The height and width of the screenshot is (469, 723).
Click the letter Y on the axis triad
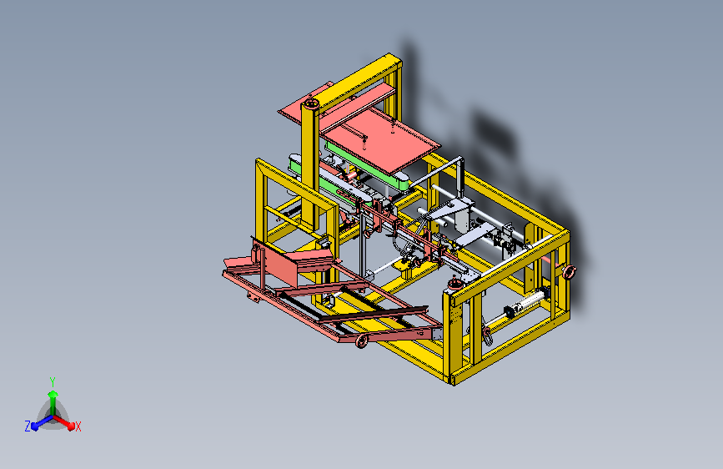(53, 381)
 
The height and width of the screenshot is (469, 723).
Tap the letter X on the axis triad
(78, 426)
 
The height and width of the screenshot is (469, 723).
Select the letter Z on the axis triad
(28, 426)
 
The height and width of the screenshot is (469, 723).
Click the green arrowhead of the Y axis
(53, 395)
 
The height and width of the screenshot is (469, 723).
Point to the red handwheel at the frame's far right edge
(569, 272)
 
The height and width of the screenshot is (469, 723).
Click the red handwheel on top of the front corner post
(455, 283)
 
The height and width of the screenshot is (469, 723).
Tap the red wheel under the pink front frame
(362, 341)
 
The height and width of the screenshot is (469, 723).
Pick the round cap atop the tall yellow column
(310, 103)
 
